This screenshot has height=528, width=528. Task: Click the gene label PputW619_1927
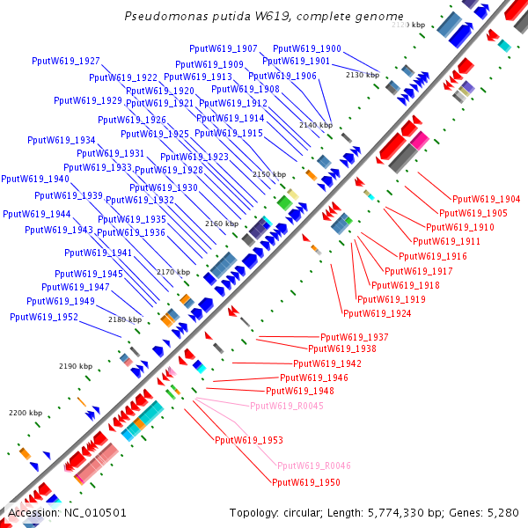click(65, 61)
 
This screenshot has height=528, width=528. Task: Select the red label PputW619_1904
click(486, 199)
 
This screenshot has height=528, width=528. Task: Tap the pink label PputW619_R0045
click(287, 406)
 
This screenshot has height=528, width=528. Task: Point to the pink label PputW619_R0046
click(314, 466)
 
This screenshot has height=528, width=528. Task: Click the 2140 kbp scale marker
click(316, 125)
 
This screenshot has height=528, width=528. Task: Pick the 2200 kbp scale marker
click(26, 412)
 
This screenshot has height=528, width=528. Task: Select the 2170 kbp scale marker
click(173, 272)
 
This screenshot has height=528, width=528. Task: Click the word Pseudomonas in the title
click(161, 17)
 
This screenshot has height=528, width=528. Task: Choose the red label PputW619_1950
click(306, 482)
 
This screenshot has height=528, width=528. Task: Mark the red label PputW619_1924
click(377, 313)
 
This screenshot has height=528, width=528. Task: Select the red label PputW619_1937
click(354, 337)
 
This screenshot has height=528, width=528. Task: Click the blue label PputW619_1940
click(35, 179)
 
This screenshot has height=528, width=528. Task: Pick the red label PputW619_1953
click(249, 439)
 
